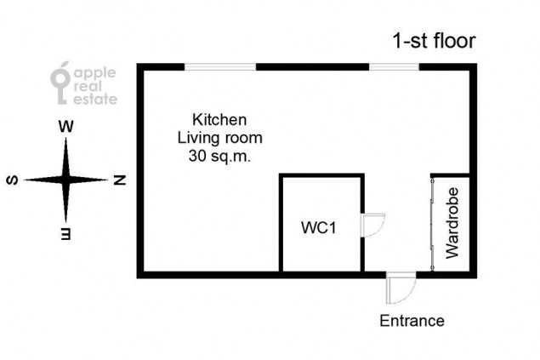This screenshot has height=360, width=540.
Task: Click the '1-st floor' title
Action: pos(434,41)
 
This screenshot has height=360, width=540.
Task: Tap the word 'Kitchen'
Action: pos(219,120)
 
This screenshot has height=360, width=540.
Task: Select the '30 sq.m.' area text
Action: pos(219,156)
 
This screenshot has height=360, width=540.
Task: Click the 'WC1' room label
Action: pos(318,228)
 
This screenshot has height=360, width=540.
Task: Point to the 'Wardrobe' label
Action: pos(452,223)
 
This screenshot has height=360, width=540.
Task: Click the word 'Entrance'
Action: pos(412,321)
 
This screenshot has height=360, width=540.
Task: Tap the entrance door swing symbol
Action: pos(401,288)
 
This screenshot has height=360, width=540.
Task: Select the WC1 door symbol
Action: pos(372,225)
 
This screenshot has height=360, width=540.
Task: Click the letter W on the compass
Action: pos(65,127)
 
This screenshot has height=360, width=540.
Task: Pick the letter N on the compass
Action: pos(120,180)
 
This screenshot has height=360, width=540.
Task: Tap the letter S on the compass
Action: pos(13,180)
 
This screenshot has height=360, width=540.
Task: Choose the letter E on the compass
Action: pos(65,233)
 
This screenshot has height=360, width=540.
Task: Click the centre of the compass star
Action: pos(65,180)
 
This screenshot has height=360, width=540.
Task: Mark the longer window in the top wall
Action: pos(220,67)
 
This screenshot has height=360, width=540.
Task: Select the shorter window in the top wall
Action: pos(394,67)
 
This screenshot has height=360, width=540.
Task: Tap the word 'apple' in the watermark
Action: pos(95,73)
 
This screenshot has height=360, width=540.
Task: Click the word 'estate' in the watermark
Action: pos(95,99)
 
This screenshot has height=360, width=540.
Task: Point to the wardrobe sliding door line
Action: pos(433,225)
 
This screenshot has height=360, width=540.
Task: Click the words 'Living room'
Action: pos(219,138)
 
